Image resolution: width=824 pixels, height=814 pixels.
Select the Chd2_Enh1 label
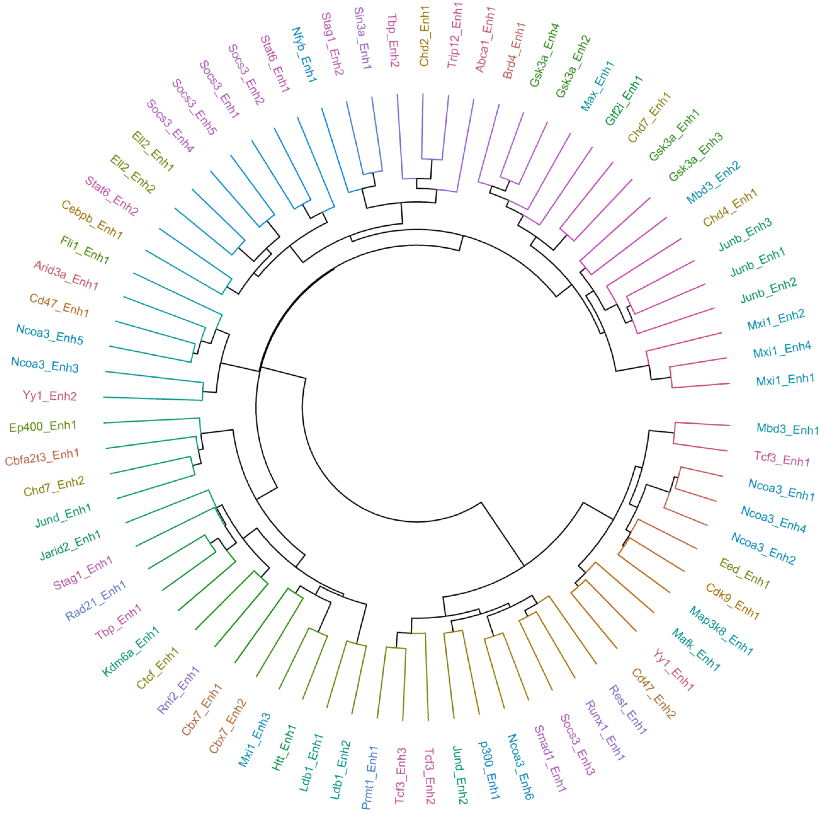(x=424, y=37)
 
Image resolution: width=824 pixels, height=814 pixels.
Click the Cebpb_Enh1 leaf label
(x=92, y=220)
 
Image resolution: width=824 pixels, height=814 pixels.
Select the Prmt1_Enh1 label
(x=370, y=777)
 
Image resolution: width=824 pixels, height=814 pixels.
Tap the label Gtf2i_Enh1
(x=624, y=101)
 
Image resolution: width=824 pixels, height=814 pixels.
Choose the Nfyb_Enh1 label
(x=304, y=55)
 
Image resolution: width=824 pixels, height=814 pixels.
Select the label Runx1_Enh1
(x=605, y=730)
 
